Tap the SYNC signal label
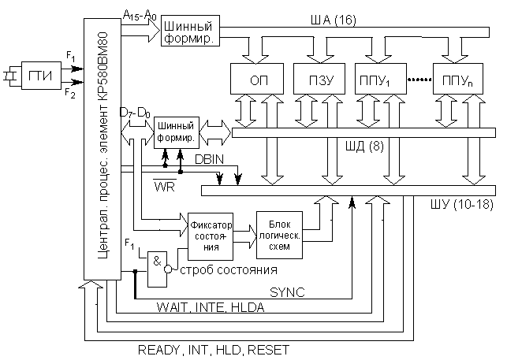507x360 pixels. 287,291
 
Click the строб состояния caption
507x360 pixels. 229,271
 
